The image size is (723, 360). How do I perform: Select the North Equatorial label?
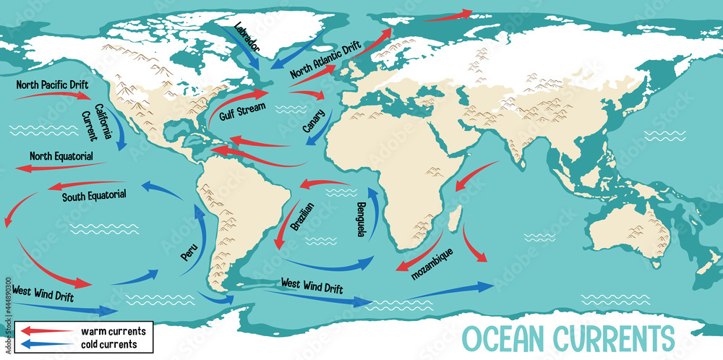[x=61, y=155]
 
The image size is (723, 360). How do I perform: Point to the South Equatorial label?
[x=94, y=195]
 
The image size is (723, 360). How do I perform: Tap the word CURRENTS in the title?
[x=617, y=338]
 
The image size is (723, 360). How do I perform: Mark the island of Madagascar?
[x=454, y=218]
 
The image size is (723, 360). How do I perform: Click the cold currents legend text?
[x=109, y=345]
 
